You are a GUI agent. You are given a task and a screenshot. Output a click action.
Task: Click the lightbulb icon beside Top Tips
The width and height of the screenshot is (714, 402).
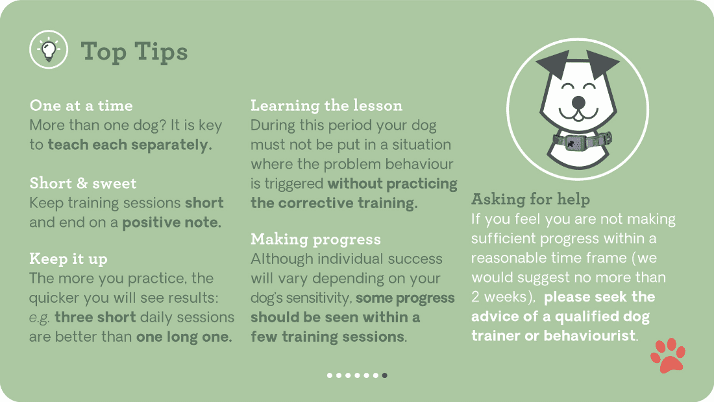pyautogui.click(x=49, y=50)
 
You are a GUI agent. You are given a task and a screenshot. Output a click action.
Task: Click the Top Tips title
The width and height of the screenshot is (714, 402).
pyautogui.click(x=134, y=51)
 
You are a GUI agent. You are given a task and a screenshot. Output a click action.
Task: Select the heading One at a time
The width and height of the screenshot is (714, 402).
pyautogui.click(x=81, y=106)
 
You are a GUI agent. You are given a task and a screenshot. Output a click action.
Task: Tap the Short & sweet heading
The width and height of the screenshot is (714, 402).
pyautogui.click(x=83, y=183)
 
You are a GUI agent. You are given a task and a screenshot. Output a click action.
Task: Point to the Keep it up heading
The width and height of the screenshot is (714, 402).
pyautogui.click(x=68, y=259)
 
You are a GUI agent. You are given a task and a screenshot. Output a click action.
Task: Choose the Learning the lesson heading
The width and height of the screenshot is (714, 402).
pyautogui.click(x=326, y=106)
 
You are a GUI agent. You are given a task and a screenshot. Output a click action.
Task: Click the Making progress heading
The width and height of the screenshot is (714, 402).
pyautogui.click(x=316, y=239)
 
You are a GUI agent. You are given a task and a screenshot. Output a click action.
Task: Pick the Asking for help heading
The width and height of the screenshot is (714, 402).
pyautogui.click(x=530, y=198)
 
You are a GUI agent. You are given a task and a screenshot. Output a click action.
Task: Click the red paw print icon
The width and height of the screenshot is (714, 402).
pyautogui.click(x=668, y=355)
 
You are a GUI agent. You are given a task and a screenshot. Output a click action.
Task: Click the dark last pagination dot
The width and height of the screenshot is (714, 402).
pyautogui.click(x=385, y=375)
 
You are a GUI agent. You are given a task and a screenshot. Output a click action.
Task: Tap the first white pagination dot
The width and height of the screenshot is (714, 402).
pyautogui.click(x=330, y=375)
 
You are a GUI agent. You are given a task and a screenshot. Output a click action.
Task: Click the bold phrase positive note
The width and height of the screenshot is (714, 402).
pyautogui.click(x=172, y=222)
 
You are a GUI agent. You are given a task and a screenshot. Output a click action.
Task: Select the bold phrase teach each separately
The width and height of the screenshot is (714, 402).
pyautogui.click(x=130, y=145)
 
